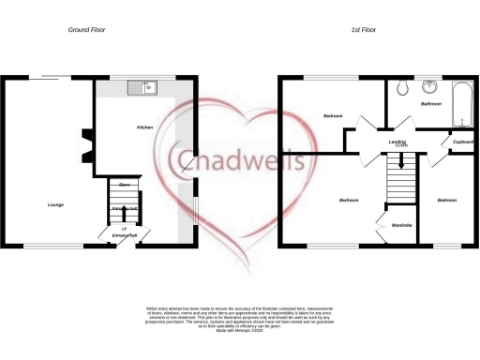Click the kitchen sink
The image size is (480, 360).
[x=146, y=89]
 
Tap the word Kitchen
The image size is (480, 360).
[x=145, y=126]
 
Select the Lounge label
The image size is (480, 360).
[x=55, y=202]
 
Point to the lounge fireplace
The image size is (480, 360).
[x=87, y=138]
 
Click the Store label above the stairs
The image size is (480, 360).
[x=124, y=185]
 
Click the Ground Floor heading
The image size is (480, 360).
[x=86, y=30]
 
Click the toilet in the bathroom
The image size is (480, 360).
[x=401, y=90]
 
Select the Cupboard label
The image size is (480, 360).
[x=463, y=142]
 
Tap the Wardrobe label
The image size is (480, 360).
[x=402, y=225]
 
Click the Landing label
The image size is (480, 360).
[x=397, y=142]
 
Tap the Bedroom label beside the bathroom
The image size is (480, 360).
[x=333, y=116]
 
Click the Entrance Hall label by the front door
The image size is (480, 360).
[x=125, y=234]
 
